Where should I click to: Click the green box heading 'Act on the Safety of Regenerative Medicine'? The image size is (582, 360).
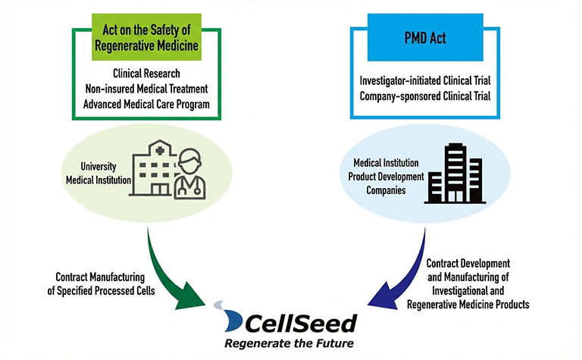pyautogui.click(x=148, y=34)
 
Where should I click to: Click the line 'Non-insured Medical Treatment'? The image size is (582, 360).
pyautogui.click(x=148, y=89)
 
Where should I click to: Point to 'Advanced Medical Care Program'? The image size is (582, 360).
pyautogui.click(x=148, y=104)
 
